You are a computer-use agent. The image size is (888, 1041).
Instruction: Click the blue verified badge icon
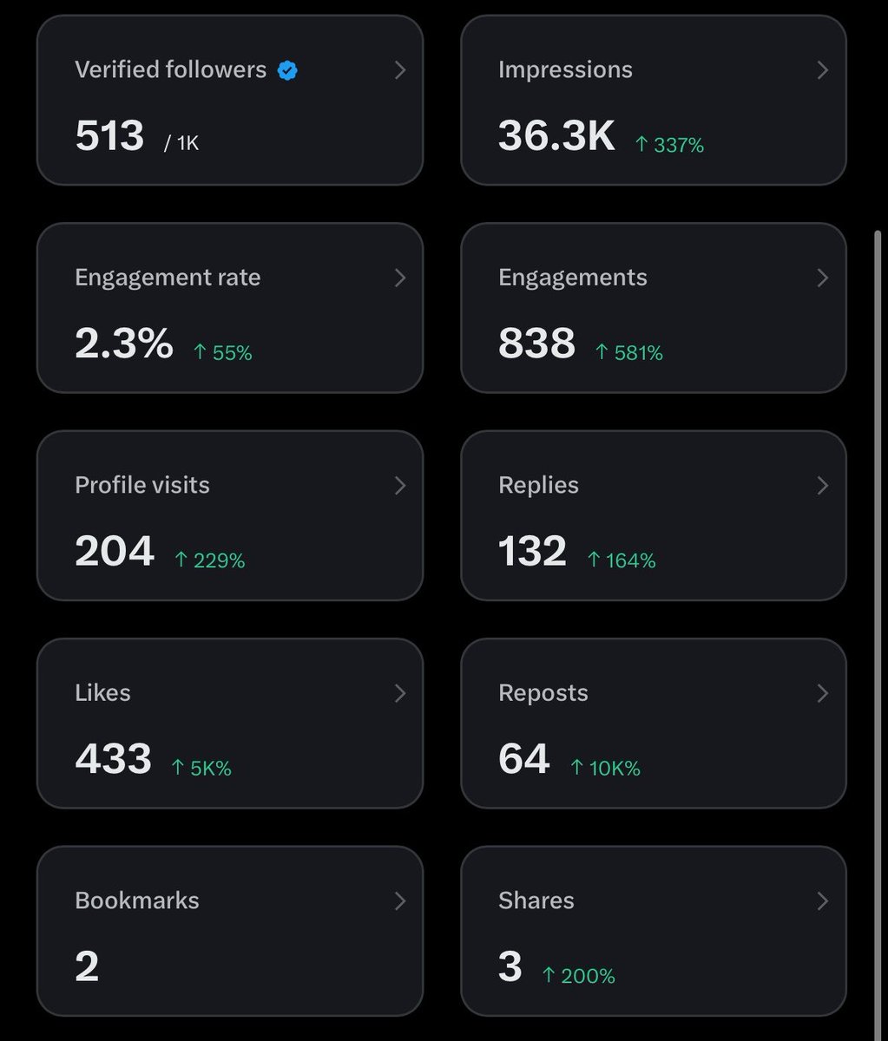pyautogui.click(x=287, y=70)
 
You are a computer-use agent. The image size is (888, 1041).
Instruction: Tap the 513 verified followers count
pyautogui.click(x=110, y=135)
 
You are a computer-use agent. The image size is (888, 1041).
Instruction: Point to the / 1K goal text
pyautogui.click(x=181, y=143)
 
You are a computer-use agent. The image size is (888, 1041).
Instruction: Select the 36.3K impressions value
pyautogui.click(x=556, y=135)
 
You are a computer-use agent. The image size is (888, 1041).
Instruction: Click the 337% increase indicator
pyautogui.click(x=669, y=145)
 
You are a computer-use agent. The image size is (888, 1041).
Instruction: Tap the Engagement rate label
pyautogui.click(x=168, y=278)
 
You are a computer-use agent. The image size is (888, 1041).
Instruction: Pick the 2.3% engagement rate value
pyautogui.click(x=124, y=343)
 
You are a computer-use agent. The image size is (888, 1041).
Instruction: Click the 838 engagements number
pyautogui.click(x=536, y=343)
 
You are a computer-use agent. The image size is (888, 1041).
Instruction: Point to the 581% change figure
pyautogui.click(x=629, y=352)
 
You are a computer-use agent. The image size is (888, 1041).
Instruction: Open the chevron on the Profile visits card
pyautogui.click(x=400, y=486)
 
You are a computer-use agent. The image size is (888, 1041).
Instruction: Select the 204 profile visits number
pyautogui.click(x=115, y=551)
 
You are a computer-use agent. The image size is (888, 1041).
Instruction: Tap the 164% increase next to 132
pyautogui.click(x=622, y=560)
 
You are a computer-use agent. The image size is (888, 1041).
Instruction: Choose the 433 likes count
pyautogui.click(x=114, y=758)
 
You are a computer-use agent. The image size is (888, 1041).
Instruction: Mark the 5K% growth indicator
pyautogui.click(x=201, y=768)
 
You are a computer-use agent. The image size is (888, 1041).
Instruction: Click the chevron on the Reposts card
pyautogui.click(x=823, y=693)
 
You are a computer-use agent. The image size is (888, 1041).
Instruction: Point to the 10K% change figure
pyautogui.click(x=605, y=768)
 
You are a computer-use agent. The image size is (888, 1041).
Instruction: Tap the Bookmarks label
pyautogui.click(x=137, y=900)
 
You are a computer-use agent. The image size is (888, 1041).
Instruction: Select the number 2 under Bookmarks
pyautogui.click(x=87, y=966)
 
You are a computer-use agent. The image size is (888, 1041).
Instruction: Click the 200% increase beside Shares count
pyautogui.click(x=579, y=976)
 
